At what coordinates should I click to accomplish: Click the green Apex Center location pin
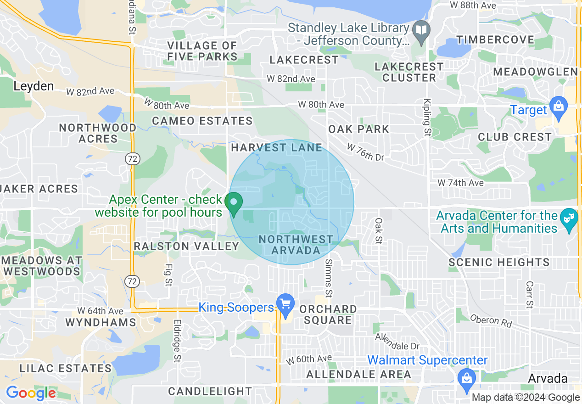(234, 203)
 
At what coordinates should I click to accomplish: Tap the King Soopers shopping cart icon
(285, 304)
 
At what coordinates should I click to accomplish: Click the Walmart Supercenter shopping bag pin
(466, 378)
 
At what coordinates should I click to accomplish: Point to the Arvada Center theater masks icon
(569, 215)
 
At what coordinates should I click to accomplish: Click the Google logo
(31, 393)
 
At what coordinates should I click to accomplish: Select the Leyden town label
(34, 86)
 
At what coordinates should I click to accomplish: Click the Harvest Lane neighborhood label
(276, 147)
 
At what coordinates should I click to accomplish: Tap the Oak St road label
(378, 231)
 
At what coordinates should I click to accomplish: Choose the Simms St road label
(328, 277)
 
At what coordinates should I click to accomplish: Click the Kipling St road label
(427, 118)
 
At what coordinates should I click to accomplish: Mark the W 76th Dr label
(365, 152)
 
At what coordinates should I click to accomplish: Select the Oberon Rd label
(491, 321)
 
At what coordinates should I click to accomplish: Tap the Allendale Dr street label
(397, 341)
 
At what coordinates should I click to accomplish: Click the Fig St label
(168, 275)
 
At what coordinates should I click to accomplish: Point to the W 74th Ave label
(460, 183)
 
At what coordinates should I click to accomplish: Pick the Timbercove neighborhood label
(495, 39)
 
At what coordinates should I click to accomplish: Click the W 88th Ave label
(473, 6)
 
